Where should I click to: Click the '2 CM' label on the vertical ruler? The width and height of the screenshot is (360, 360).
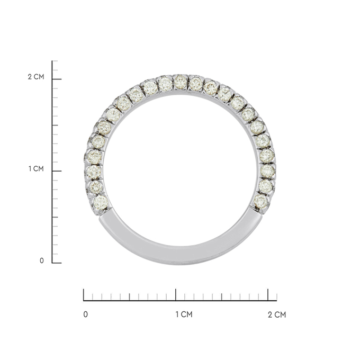click(x=36, y=77)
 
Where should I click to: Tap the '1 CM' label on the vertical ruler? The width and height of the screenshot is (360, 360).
click(x=36, y=169)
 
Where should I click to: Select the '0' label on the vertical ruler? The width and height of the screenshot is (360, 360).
click(x=41, y=260)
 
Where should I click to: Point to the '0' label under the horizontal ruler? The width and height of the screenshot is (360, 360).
click(x=86, y=314)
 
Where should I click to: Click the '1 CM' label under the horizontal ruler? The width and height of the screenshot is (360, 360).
click(x=184, y=314)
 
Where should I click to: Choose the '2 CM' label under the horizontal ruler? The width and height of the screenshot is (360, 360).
click(x=277, y=314)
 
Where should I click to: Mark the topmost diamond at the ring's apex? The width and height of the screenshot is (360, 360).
click(x=180, y=82)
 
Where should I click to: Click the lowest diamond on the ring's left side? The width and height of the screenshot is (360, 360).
click(x=101, y=202)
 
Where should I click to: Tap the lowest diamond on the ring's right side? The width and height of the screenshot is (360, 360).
click(x=261, y=202)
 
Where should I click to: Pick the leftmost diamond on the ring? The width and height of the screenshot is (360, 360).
click(x=94, y=157)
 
